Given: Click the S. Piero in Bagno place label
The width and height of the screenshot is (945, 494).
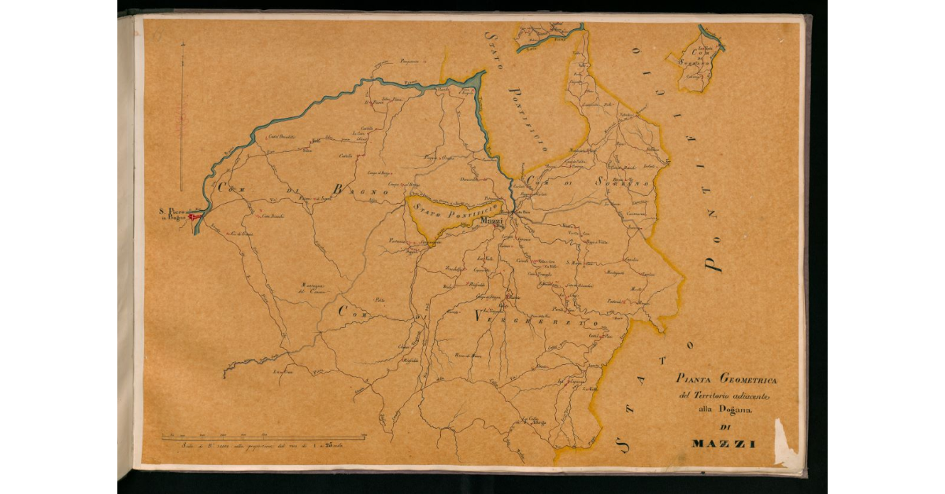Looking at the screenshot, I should click(172, 214).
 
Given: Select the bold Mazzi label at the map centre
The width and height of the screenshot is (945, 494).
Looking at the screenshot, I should click(491, 222).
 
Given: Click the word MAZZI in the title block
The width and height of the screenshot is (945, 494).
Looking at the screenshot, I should click(724, 444).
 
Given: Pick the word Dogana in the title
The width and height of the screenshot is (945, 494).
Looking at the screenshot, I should click(735, 409).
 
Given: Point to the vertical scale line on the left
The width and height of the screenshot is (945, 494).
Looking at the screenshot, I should click(182, 118).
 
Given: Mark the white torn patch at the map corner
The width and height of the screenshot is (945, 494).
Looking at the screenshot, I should click(785, 444).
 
